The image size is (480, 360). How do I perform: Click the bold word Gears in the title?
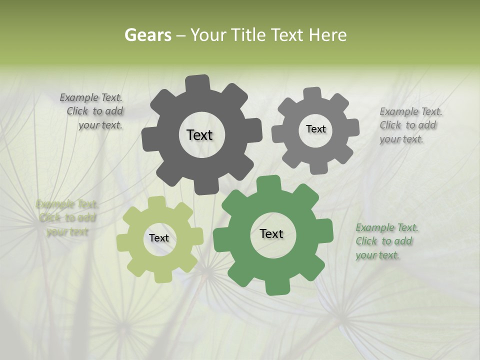pos(147,35)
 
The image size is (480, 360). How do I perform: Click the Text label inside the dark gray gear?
pos(199,135)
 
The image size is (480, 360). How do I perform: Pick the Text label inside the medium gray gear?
pos(315,129)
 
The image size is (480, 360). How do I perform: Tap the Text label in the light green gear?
pos(159,238)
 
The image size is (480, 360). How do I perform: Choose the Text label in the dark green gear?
pos(271,233)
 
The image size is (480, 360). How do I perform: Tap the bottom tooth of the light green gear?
pos(161,276)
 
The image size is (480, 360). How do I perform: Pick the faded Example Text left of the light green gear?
pos(67,218)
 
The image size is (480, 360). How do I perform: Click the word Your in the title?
pos(206,35)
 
